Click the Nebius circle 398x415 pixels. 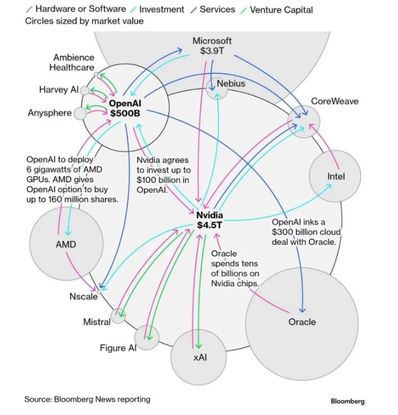(217, 88)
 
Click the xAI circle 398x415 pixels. (199, 357)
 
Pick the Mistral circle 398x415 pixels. (118, 316)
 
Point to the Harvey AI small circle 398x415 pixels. (84, 90)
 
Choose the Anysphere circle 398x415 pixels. (80, 113)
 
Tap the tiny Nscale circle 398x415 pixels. (99, 291)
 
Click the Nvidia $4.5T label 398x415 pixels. (210, 220)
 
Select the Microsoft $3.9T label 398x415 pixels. (212, 46)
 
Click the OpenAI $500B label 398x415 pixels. (124, 108)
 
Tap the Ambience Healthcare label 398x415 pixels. (74, 63)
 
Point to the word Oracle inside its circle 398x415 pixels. (302, 322)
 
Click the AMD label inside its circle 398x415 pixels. (66, 244)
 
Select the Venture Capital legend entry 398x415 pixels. (281, 10)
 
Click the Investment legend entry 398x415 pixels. (161, 10)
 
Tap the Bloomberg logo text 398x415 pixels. (347, 401)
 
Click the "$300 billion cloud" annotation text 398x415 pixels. (306, 232)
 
